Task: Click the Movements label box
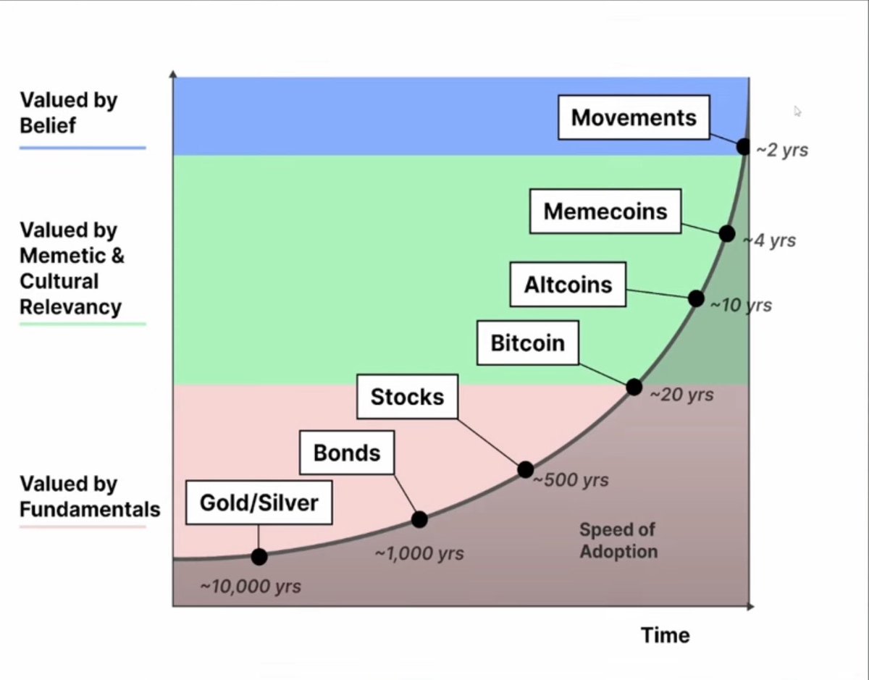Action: (x=634, y=117)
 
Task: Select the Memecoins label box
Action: (x=605, y=211)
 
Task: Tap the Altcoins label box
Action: (x=568, y=285)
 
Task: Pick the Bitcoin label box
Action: (x=528, y=343)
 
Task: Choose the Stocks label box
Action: (x=407, y=397)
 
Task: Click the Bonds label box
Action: (x=347, y=453)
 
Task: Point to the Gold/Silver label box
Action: (x=259, y=503)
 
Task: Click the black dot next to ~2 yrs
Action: (x=744, y=147)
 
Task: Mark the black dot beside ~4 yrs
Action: (x=727, y=233)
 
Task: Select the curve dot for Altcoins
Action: (x=696, y=298)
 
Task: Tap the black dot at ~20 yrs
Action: (x=634, y=387)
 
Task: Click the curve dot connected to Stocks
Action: (x=526, y=469)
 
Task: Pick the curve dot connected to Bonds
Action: (x=419, y=520)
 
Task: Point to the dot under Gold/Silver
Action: (x=259, y=557)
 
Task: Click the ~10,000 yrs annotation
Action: (x=251, y=587)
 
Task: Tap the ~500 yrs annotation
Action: (x=571, y=479)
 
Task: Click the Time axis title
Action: (x=666, y=635)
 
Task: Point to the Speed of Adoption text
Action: (x=618, y=540)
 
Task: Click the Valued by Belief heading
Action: (x=68, y=112)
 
